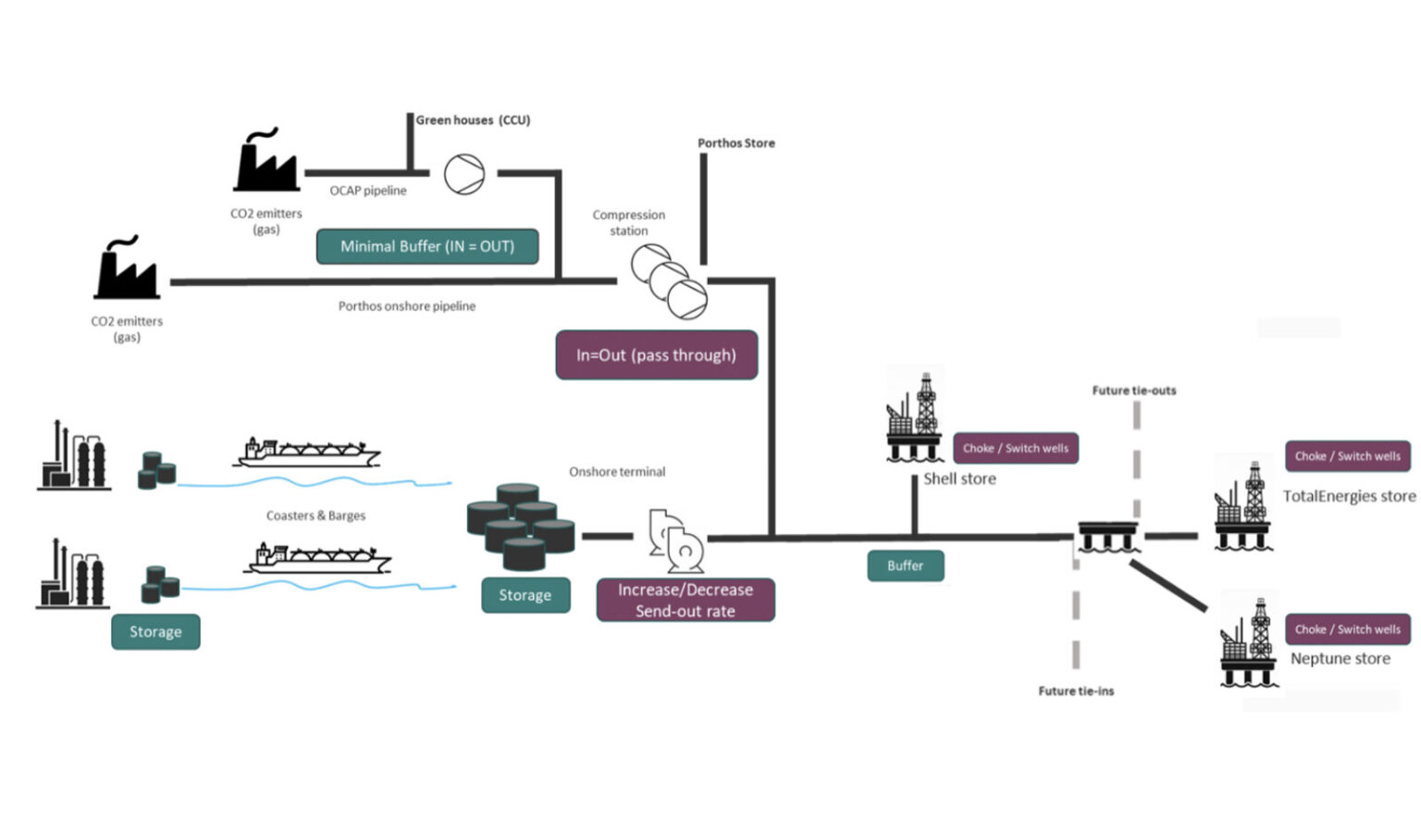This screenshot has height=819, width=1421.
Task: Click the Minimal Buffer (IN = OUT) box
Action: pos(427,246)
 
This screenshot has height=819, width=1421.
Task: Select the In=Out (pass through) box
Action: pos(657,354)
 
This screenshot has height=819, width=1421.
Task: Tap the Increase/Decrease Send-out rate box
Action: pos(686,600)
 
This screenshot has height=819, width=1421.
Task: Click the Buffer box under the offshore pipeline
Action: pos(906,565)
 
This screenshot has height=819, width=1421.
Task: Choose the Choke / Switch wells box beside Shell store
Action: pos(1016,448)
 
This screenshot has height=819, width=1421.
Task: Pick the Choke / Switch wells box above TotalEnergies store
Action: pos(1348,456)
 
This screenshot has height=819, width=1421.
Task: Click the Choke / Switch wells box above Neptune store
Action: pos(1348,629)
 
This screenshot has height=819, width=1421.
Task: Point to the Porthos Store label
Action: pos(736,143)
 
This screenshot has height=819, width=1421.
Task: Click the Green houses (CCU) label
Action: pos(473,120)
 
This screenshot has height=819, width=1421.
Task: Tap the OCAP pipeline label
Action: pos(368,191)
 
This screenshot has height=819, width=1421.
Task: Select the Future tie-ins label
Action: pos(1076,691)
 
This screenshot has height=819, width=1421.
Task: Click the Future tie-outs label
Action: pos(1134,391)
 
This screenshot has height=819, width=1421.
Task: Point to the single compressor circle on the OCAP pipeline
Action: pos(464,174)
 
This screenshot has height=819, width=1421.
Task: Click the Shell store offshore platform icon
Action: pos(914,416)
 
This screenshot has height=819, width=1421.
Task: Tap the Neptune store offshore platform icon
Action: pos(1249,642)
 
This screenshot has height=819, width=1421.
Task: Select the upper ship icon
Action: pos(307,453)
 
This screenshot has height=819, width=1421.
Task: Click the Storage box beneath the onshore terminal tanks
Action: pos(525,595)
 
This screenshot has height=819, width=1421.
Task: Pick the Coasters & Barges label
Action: pos(315,515)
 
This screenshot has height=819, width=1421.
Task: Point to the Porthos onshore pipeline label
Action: pos(407,305)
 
